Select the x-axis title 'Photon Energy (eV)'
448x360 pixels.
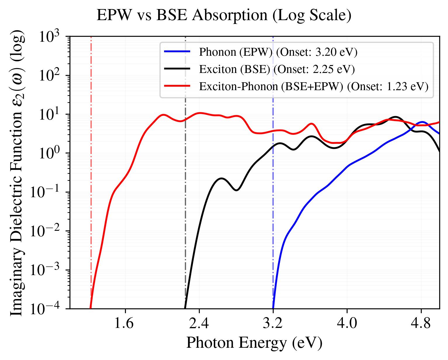click(254, 343)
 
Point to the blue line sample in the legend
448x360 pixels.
click(177, 52)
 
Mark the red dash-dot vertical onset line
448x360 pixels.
click(91, 175)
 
